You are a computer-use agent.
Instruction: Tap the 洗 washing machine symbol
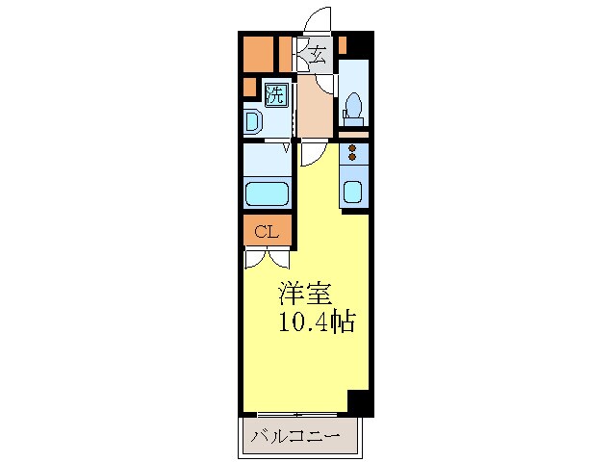coord(275,94)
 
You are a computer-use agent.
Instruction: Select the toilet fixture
coord(353,106)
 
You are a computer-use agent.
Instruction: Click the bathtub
coord(268,193)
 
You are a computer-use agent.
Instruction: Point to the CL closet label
coord(267,231)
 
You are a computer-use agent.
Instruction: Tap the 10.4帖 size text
coord(317,321)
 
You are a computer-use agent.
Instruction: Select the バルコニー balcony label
coord(295,436)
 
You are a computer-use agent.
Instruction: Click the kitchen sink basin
coord(352,192)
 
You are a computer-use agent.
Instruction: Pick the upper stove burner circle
coord(352,147)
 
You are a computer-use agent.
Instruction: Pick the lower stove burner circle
coord(352,157)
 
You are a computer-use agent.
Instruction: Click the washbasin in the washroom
coord(253,122)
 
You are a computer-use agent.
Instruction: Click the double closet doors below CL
coord(267,257)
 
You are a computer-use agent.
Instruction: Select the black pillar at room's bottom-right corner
coord(358,402)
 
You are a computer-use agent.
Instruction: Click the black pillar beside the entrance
coord(358,44)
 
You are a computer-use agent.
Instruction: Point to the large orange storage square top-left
coord(258,53)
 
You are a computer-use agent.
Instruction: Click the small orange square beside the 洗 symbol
coord(249,89)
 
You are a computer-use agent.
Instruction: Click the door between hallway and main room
coord(314,152)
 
